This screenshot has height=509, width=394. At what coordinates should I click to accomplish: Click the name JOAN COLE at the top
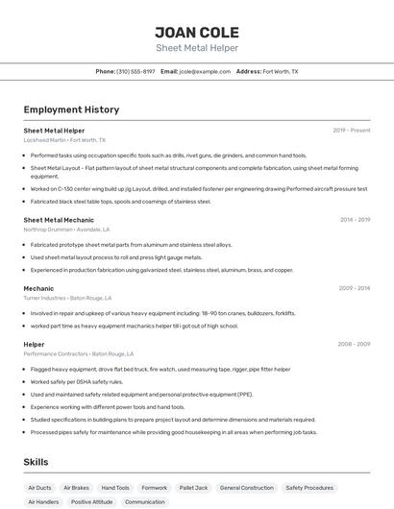tap(197, 32)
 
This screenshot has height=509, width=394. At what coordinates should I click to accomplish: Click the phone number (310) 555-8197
tap(135, 71)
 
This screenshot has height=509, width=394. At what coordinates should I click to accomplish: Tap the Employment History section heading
tap(71, 109)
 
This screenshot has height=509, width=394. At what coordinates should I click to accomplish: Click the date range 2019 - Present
tap(352, 130)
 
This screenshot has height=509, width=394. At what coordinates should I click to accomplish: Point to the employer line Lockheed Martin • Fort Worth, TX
tap(64, 140)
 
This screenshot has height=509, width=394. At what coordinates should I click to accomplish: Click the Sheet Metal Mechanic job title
tap(59, 219)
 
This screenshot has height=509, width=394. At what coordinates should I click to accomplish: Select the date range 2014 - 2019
tap(355, 219)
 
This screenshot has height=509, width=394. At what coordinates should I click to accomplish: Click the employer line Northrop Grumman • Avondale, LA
tap(66, 230)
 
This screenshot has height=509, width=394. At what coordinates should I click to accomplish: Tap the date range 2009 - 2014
tap(355, 288)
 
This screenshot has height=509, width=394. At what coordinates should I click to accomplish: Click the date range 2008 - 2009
tap(355, 343)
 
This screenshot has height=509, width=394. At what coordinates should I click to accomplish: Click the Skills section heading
tap(36, 462)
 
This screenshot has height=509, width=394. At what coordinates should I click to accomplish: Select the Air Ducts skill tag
tap(40, 488)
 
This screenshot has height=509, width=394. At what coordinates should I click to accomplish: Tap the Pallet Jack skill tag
tap(193, 488)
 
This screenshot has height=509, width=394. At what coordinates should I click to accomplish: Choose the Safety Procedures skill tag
tap(309, 488)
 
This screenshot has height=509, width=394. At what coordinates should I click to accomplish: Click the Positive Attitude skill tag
tap(91, 502)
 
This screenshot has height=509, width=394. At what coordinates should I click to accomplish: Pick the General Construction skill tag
tap(246, 488)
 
